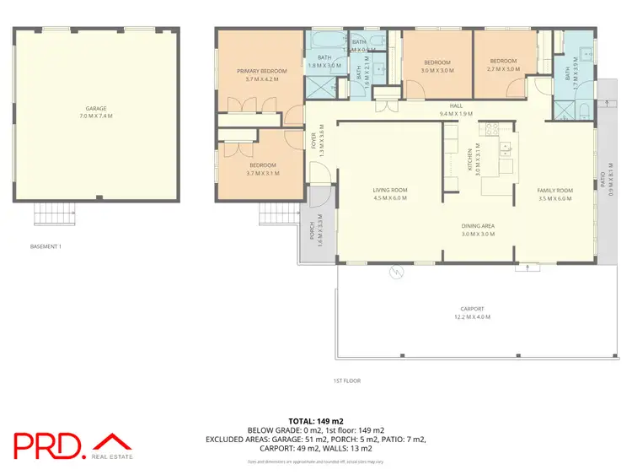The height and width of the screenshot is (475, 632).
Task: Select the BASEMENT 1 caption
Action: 46,246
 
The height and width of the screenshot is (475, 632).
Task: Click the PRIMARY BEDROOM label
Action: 262,70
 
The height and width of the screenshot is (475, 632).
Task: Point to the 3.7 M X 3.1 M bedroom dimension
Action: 262,172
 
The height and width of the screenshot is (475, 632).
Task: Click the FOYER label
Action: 313,139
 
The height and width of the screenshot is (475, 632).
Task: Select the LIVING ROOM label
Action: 390,190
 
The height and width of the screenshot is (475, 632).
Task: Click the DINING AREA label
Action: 477,226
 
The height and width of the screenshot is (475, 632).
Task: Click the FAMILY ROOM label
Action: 554,190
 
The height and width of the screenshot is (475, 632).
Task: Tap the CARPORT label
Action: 473,309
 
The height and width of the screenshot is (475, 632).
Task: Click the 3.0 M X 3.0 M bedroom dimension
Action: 437,71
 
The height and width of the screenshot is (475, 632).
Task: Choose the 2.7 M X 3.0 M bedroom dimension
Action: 503,71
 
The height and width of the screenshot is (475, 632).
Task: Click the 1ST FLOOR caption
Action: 345,381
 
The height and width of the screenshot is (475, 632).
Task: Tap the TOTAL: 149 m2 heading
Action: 316,420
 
